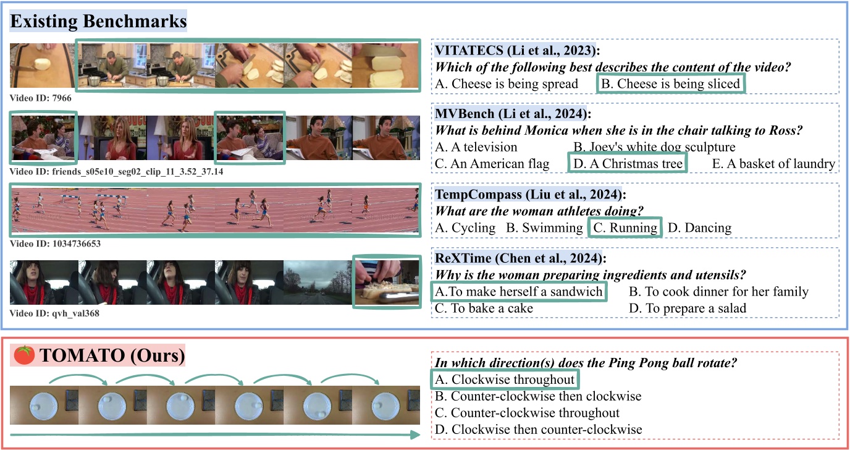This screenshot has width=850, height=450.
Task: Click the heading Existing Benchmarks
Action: point(99,22)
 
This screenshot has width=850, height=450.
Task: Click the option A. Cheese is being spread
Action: point(507,83)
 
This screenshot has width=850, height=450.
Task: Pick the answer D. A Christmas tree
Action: point(627,164)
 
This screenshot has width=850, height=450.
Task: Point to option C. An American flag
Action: point(492,164)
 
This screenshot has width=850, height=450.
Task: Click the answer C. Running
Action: point(625,227)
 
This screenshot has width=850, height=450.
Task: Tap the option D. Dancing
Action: point(699,227)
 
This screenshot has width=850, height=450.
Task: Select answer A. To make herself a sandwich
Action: point(518,291)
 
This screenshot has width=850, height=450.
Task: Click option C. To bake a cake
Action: point(484,308)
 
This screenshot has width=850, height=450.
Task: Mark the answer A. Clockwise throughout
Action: point(505,379)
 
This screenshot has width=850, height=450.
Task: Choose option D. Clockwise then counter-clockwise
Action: point(539,428)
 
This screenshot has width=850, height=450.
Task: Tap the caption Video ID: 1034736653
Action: point(55,244)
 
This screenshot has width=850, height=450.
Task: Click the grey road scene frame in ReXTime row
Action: point(317,282)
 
